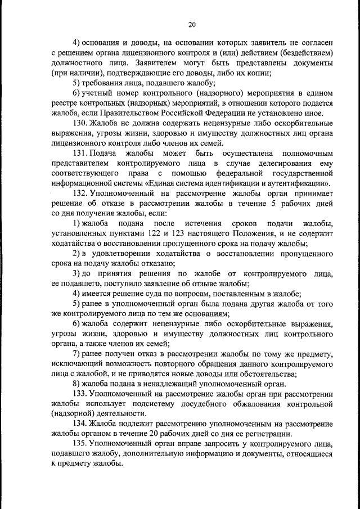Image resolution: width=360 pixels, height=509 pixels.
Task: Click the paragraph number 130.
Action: point(80,123)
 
